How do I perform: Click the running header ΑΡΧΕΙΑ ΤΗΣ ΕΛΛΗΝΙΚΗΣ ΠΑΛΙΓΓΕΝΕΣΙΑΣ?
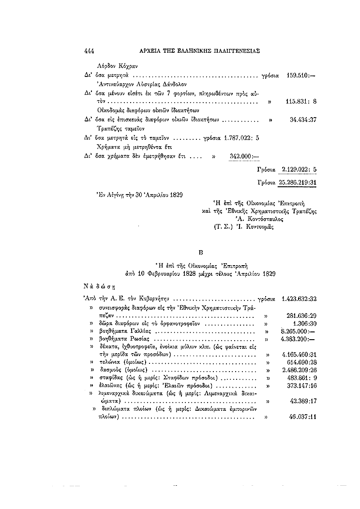193,50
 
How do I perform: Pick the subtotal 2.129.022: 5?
298,170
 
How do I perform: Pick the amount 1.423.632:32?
299,299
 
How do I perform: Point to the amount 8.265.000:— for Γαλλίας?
299,331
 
